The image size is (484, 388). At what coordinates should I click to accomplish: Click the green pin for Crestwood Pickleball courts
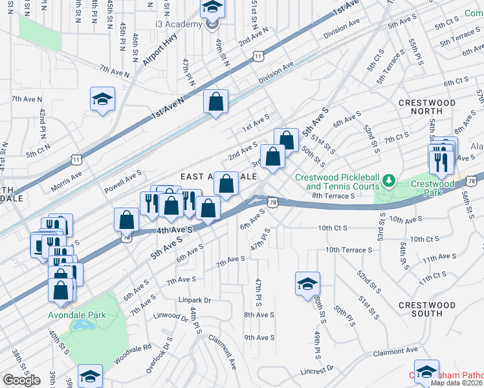(388, 178)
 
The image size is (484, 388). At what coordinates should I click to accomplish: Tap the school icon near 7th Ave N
(102, 100)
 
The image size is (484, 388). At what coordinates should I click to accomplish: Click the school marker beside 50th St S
(307, 283)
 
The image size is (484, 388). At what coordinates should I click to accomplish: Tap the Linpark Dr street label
(197, 300)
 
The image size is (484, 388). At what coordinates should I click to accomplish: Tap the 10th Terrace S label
(349, 250)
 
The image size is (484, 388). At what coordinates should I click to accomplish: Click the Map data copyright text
(457, 383)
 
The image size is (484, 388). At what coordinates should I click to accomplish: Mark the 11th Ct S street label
(434, 279)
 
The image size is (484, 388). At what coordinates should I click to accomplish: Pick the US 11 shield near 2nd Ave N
(259, 57)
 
